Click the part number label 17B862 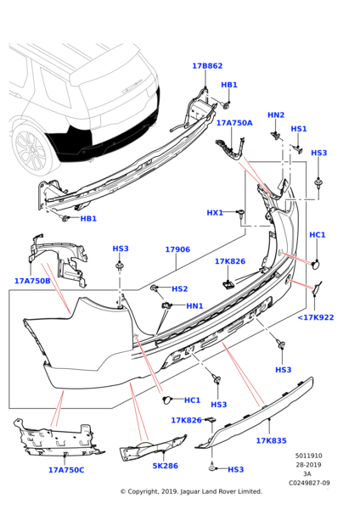[207, 65]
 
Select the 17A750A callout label [233, 123]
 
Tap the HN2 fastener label [276, 115]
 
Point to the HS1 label [299, 129]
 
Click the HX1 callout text [239, 213]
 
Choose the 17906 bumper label [177, 249]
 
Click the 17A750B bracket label [32, 281]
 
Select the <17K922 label [315, 317]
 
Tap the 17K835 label [271, 440]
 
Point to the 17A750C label [66, 469]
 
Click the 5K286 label [165, 466]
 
